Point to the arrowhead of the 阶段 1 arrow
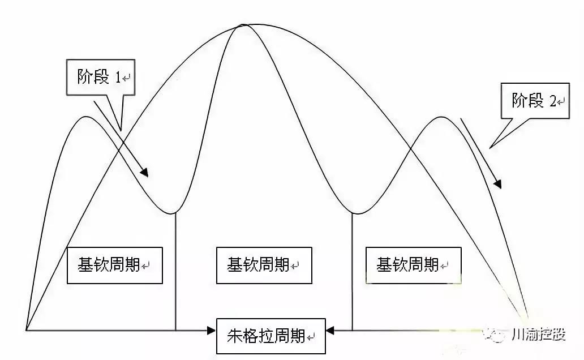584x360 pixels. [x=144, y=172]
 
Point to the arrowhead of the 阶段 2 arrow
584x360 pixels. [x=497, y=184]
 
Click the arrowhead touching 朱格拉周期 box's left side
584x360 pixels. [x=212, y=330]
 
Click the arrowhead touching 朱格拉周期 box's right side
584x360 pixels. [x=330, y=330]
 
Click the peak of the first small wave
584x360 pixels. [x=86, y=117]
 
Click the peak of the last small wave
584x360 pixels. [x=441, y=117]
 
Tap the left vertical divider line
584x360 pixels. [x=175, y=272]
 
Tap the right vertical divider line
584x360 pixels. [x=353, y=272]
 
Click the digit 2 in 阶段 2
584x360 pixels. [x=553, y=101]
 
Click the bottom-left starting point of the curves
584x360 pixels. [x=25, y=330]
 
